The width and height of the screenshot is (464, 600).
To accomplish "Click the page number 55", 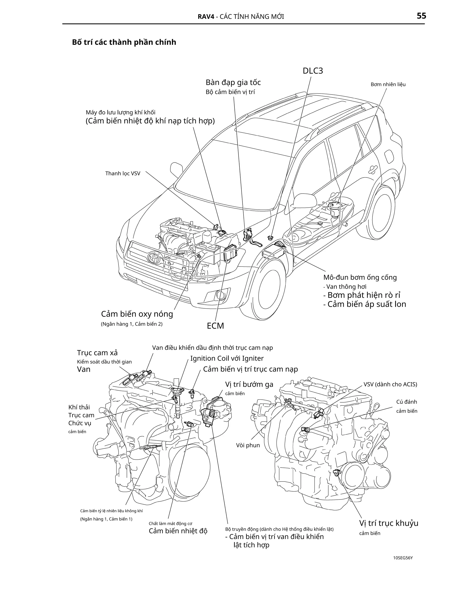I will click(x=421, y=16).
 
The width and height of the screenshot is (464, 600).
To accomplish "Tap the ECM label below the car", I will click(x=215, y=326).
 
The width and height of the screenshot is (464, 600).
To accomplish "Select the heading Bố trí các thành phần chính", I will click(x=124, y=42).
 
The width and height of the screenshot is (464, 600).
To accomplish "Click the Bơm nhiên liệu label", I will click(x=388, y=84).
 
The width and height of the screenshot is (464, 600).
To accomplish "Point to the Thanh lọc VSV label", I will click(x=123, y=173).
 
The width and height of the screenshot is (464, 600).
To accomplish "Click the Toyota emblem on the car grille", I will click(x=153, y=258).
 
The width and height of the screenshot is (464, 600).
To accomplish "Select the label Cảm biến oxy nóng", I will click(x=137, y=314).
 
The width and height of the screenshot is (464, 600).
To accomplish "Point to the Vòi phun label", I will click(x=248, y=445).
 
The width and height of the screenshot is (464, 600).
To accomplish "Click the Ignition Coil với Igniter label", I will click(x=227, y=358).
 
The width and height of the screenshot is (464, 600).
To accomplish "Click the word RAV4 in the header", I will click(x=206, y=17).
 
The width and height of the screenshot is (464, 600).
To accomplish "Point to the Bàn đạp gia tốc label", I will click(x=233, y=82).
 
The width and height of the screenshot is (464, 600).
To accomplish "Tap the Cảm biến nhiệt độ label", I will click(x=178, y=531).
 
